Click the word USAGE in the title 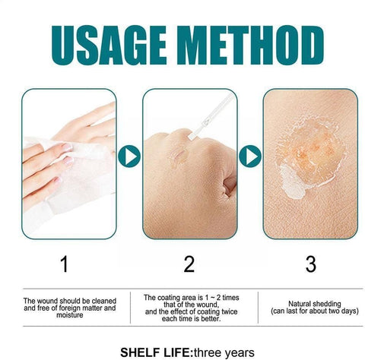[x=109, y=46]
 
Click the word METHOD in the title [x=250, y=46]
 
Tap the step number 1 [x=65, y=264]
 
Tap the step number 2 [x=189, y=264]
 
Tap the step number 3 [x=311, y=264]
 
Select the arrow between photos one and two [x=129, y=156]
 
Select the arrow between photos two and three [x=250, y=156]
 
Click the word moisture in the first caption [x=70, y=315]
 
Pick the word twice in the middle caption [x=230, y=311]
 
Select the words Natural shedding [x=315, y=304]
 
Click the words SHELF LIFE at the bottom [x=154, y=352]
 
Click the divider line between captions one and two [x=130, y=308]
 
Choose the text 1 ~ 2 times [x=218, y=298]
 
